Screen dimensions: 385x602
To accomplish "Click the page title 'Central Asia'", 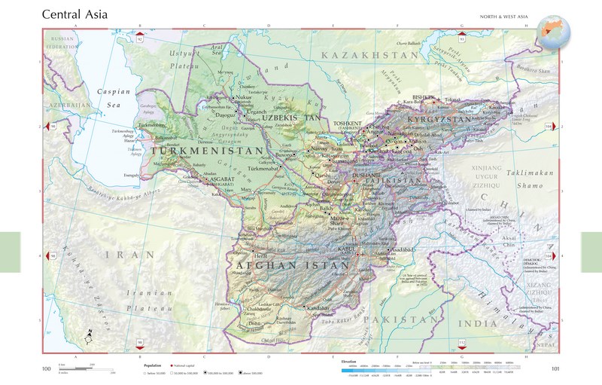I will click(74, 14).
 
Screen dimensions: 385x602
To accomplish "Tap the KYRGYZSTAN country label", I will click(439, 120).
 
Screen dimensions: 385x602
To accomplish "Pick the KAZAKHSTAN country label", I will click(369, 55).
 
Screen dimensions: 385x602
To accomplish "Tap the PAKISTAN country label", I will click(390, 319).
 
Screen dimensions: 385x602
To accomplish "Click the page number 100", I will click(47, 368).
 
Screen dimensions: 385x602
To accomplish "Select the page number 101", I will click(555, 368).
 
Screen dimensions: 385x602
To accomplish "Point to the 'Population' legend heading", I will click(153, 362).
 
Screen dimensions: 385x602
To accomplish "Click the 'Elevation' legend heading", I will click(348, 362).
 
